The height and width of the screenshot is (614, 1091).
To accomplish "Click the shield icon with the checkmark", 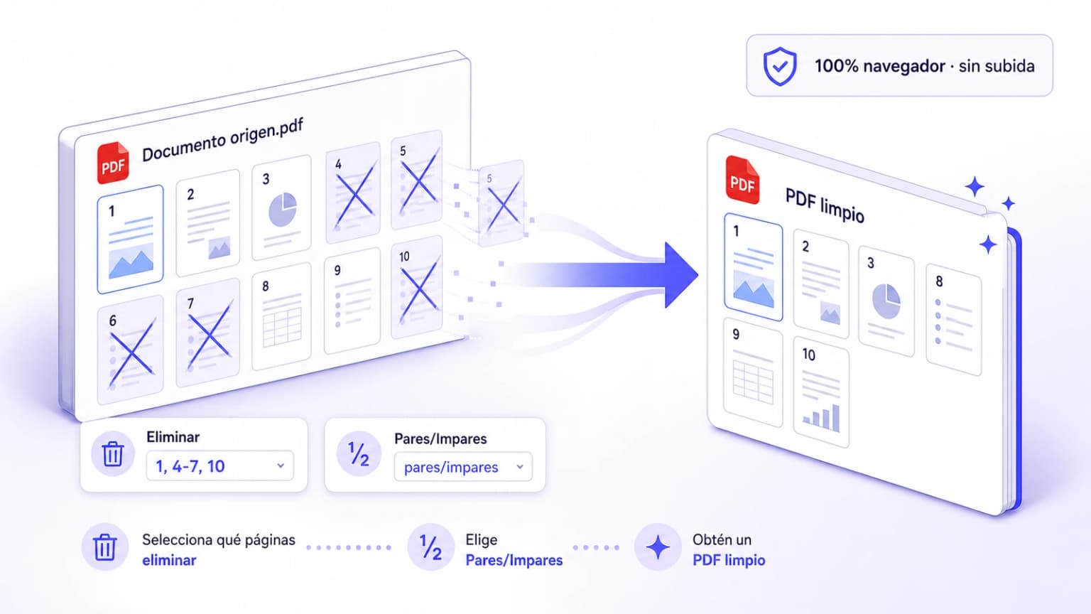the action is tap(780, 66).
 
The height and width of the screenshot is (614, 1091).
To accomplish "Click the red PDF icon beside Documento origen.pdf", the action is tap(113, 163).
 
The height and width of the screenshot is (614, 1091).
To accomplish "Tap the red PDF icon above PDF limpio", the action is tap(742, 180).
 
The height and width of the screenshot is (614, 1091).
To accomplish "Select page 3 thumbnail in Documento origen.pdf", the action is tap(281, 208).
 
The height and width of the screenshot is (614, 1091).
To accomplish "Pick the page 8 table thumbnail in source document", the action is tap(281, 316).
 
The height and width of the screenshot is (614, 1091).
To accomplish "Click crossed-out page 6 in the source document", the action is tap(130, 350).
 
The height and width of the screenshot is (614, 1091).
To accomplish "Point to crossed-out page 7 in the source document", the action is tap(208, 333).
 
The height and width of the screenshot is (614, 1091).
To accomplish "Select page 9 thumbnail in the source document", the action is tap(352, 301).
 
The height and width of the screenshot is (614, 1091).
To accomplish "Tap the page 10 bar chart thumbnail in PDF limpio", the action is tap(821, 392).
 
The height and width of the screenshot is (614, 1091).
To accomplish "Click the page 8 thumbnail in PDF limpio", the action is tap(954, 319).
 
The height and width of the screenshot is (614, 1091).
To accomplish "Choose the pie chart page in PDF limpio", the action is tap(886, 301).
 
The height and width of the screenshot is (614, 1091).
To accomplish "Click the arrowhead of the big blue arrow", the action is tap(681, 275).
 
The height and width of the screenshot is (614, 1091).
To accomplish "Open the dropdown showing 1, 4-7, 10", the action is tap(219, 466).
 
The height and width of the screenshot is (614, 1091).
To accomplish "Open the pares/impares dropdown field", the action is tap(463, 467).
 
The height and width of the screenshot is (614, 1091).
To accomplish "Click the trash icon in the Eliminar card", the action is tap(112, 454).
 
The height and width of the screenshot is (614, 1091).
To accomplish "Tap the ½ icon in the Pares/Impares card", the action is tap(359, 454).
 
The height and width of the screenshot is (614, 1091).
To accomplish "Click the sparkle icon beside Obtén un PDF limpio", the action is tap(658, 547).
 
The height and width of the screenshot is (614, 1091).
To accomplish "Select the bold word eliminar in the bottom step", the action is tap(169, 561).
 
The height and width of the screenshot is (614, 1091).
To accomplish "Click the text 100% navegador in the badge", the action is tap(879, 66).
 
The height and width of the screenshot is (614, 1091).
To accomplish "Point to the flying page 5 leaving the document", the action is tap(501, 203).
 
